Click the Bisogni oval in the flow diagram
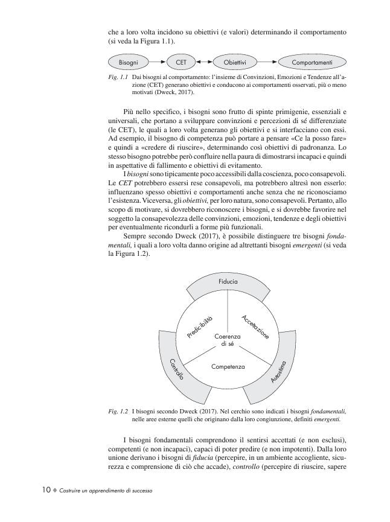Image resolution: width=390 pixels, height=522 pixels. point(127,62)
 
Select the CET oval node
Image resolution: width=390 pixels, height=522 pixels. point(181,62)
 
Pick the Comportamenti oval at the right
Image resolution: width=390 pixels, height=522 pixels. point(312,62)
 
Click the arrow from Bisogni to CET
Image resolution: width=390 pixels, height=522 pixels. point(157,62)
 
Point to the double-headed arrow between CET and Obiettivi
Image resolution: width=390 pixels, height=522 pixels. point(206,62)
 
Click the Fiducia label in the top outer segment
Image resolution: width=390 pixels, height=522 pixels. point(228,282)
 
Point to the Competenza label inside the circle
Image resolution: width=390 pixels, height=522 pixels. point(228,366)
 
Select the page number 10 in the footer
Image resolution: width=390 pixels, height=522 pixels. point(46,490)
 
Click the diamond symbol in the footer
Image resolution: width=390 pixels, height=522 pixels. point(55,491)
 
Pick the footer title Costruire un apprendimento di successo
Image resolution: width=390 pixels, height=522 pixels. point(106,491)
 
